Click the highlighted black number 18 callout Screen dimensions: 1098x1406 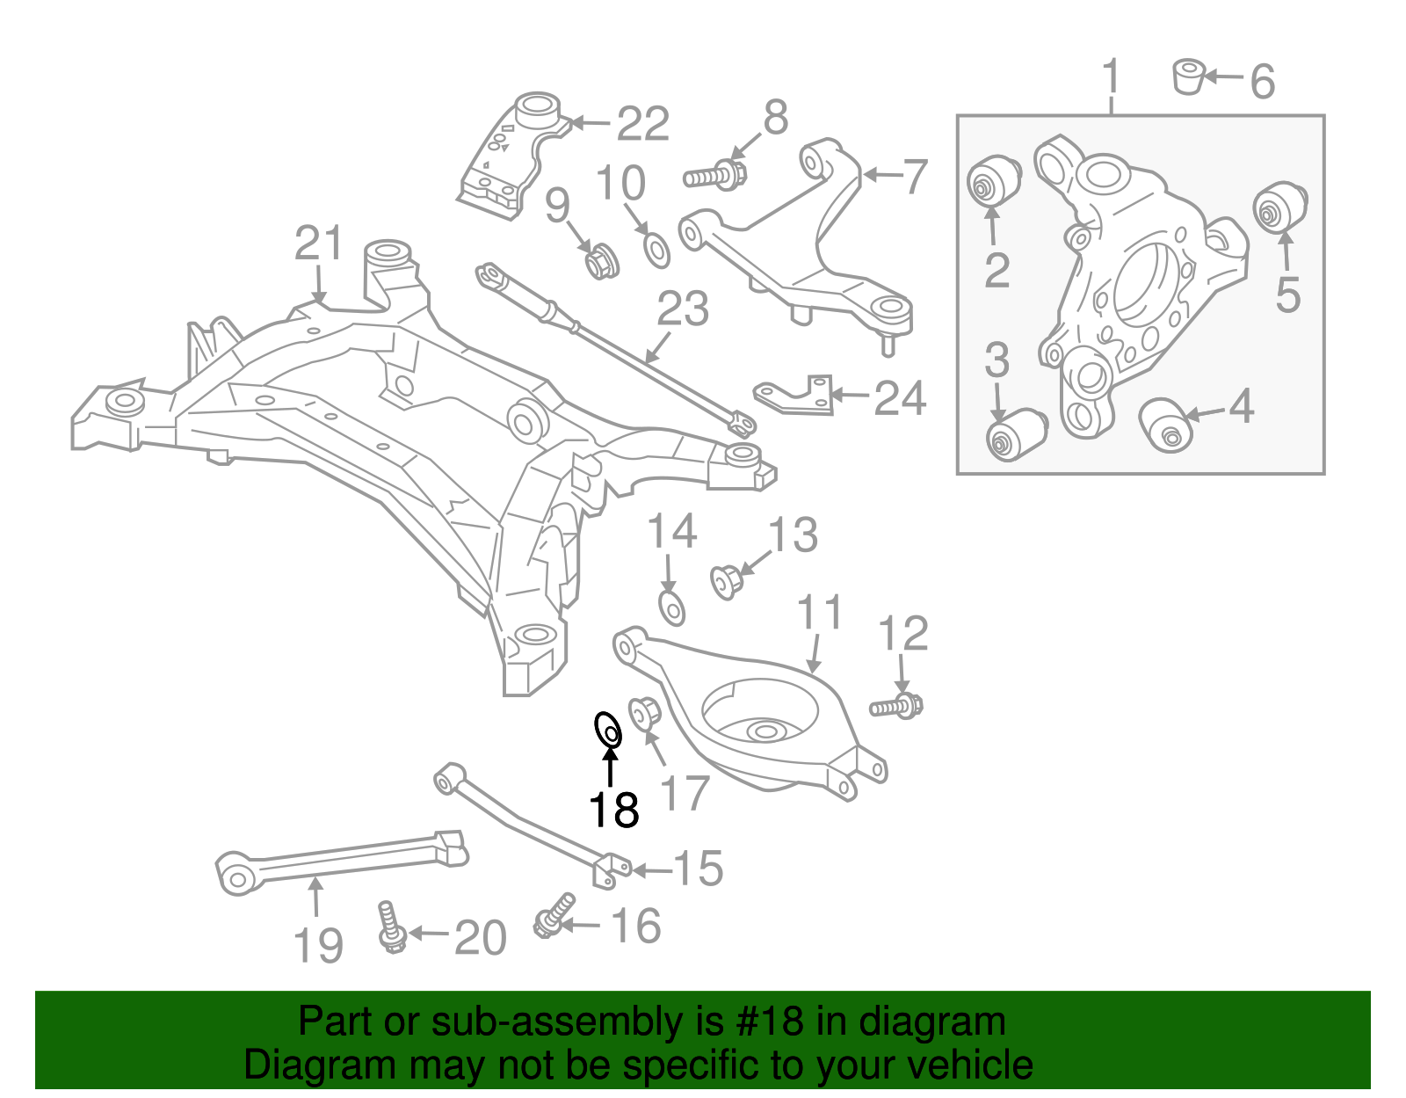pos(613,810)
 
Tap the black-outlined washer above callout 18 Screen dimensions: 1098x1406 pos(608,731)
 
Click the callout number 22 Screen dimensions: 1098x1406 pos(643,124)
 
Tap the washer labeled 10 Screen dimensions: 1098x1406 pos(656,251)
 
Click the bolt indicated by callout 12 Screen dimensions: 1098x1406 pos(897,706)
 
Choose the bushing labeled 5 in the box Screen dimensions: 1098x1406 pos(1279,207)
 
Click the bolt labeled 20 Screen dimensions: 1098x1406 pos(388,927)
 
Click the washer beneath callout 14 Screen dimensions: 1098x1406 pos(671,607)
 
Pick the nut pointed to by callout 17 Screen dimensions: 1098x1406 pos(644,712)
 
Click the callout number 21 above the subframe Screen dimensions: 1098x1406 pos(318,244)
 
